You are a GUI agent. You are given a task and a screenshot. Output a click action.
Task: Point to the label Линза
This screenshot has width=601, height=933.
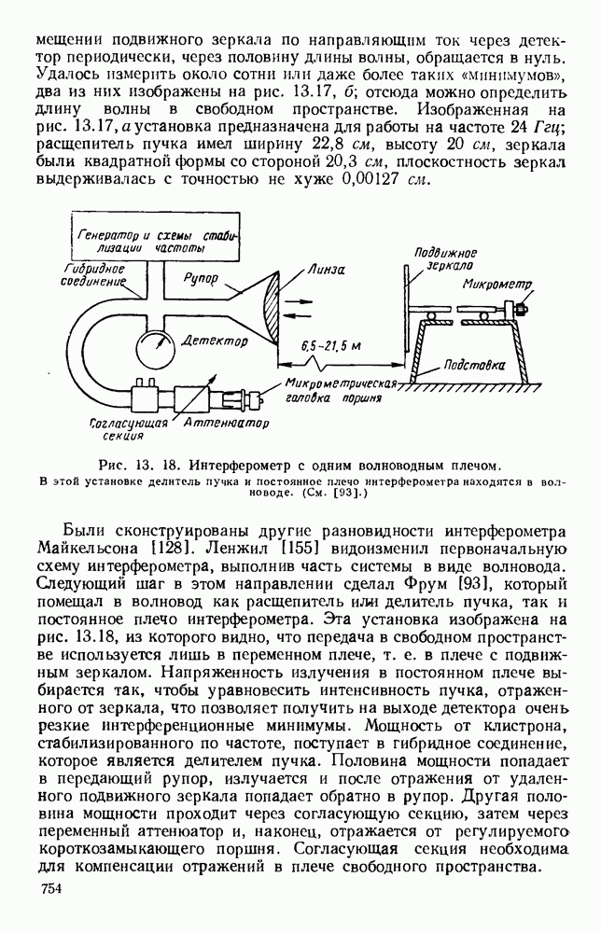click(x=329, y=269)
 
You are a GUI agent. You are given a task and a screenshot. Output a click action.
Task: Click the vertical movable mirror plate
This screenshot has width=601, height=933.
click(x=406, y=308)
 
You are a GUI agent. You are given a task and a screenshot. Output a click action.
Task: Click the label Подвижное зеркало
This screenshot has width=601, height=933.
click(x=445, y=258)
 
